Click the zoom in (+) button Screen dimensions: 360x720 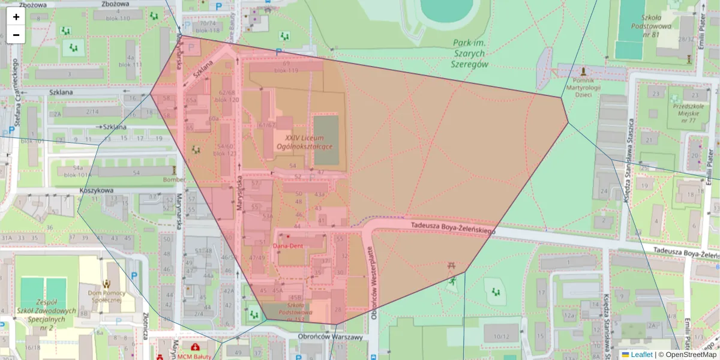[x=16, y=17]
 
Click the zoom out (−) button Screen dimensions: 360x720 [x=16, y=35]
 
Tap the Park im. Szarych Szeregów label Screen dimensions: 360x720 [x=470, y=53]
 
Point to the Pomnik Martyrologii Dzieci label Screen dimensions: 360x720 [x=583, y=87]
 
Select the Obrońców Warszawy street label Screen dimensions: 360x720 [x=331, y=337]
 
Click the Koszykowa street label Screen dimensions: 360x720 [x=96, y=191]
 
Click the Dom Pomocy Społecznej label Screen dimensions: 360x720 [x=106, y=298]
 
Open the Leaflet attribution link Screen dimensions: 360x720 [x=641, y=355]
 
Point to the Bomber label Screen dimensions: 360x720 [x=173, y=179]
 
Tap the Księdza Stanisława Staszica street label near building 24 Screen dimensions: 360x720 [x=626, y=180]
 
